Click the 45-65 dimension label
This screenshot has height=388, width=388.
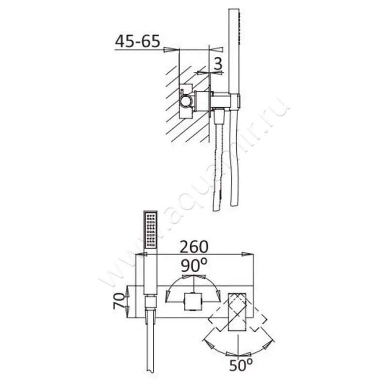[x=137, y=41]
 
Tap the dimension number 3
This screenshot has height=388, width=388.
[x=218, y=64]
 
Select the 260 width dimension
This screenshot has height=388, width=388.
[x=194, y=246]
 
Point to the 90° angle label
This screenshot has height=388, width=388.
[x=194, y=266]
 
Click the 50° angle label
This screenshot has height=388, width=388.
[x=241, y=365]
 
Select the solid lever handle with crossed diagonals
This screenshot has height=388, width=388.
[x=237, y=312]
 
